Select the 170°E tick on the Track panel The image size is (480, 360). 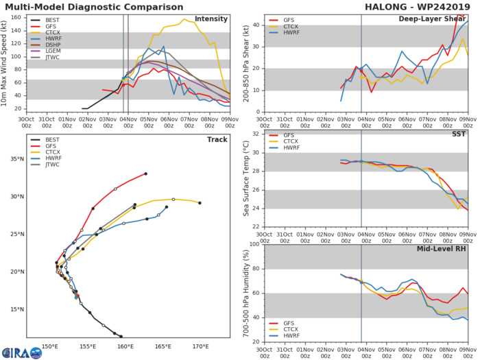pyautogui.click(x=201, y=345)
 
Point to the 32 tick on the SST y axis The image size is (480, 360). pyautogui.click(x=255, y=134)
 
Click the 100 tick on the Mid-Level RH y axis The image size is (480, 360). pyautogui.click(x=253, y=243)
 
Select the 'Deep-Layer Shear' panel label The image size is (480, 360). pyautogui.click(x=432, y=19)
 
